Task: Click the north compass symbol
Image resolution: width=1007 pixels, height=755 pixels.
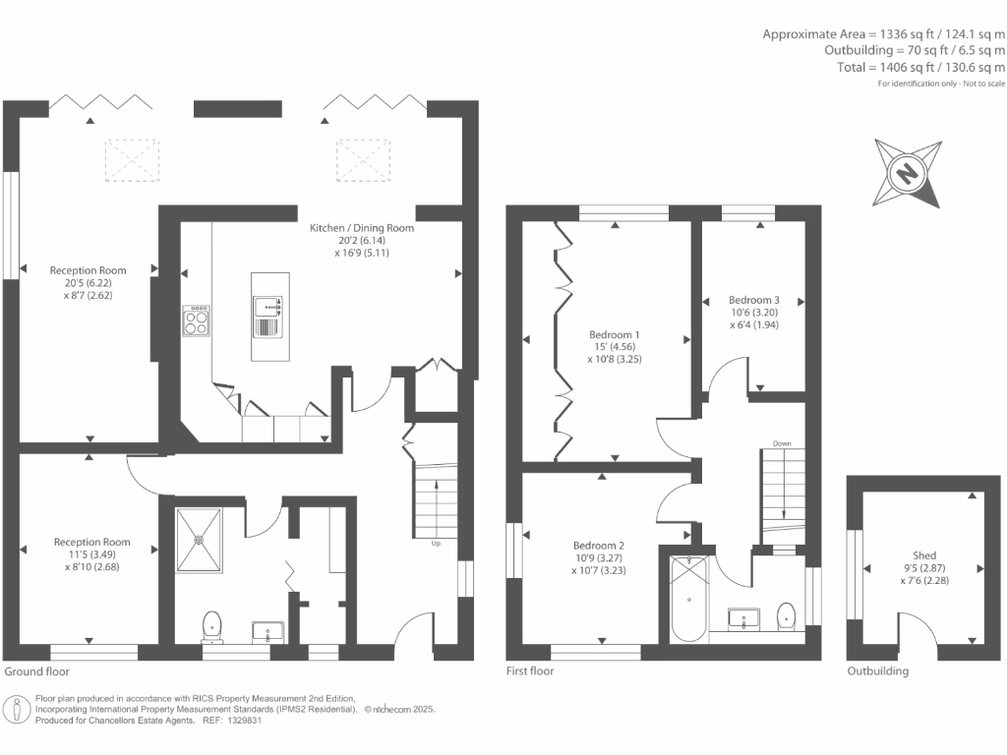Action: pyautogui.click(x=907, y=174)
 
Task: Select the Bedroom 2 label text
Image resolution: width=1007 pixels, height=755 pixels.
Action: pyautogui.click(x=600, y=545)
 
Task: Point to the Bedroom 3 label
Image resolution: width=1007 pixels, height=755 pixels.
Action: pyautogui.click(x=754, y=300)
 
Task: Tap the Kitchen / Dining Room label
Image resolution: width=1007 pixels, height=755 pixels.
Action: pyautogui.click(x=362, y=228)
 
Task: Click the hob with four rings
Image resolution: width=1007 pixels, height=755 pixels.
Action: pyautogui.click(x=196, y=321)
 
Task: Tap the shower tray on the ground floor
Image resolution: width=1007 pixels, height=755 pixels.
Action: pyautogui.click(x=199, y=539)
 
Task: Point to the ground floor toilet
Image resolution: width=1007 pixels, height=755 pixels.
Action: pyautogui.click(x=212, y=624)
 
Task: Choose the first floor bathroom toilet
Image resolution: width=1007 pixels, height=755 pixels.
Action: pyautogui.click(x=787, y=615)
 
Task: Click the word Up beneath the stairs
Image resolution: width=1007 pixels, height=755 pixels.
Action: pyautogui.click(x=436, y=542)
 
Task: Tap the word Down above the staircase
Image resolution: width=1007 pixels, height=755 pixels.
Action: pyautogui.click(x=782, y=443)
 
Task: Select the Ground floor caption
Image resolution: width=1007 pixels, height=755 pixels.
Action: pyautogui.click(x=38, y=671)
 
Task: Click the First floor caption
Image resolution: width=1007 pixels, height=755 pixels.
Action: pyautogui.click(x=530, y=671)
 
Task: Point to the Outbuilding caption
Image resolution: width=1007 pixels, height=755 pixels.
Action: pyautogui.click(x=878, y=671)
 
